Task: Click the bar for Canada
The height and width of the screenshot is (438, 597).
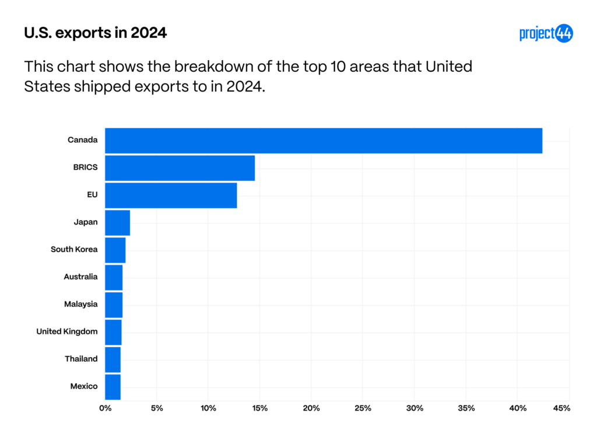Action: pyautogui.click(x=324, y=141)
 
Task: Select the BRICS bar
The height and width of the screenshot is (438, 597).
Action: pyautogui.click(x=180, y=168)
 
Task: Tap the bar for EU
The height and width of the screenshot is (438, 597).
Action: pyautogui.click(x=171, y=195)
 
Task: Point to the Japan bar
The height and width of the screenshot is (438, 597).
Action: pyautogui.click(x=117, y=223)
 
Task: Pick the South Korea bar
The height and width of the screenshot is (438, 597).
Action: pyautogui.click(x=115, y=250)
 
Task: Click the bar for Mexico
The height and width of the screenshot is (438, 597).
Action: pyautogui.click(x=113, y=387)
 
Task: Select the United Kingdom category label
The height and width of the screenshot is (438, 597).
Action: pyautogui.click(x=67, y=331)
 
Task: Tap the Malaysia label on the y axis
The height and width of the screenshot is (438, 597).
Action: pyautogui.click(x=80, y=304)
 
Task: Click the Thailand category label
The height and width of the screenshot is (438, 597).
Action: pyautogui.click(x=81, y=359)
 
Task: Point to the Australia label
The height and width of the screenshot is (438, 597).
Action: pyautogui.click(x=80, y=276)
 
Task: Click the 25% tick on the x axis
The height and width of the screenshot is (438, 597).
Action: pyautogui.click(x=363, y=408)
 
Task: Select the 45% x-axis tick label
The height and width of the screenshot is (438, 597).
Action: pyautogui.click(x=560, y=408)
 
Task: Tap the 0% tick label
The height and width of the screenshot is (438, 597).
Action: pyautogui.click(x=105, y=408)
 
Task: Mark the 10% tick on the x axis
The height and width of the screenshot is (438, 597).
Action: pyautogui.click(x=208, y=408)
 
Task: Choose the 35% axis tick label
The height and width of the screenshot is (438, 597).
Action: pyautogui.click(x=466, y=408)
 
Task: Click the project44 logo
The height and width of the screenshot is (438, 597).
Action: pyautogui.click(x=546, y=34)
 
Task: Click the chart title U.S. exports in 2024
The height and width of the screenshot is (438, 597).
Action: pyautogui.click(x=96, y=33)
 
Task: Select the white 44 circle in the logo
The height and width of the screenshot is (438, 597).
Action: pyautogui.click(x=564, y=34)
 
